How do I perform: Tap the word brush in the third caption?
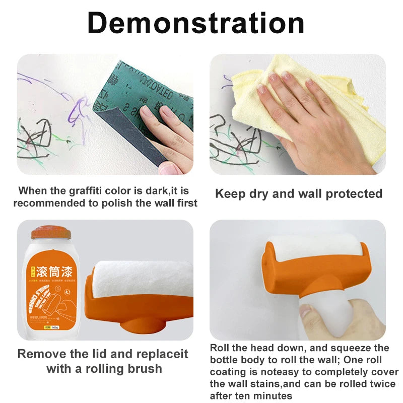(x=144, y=369)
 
